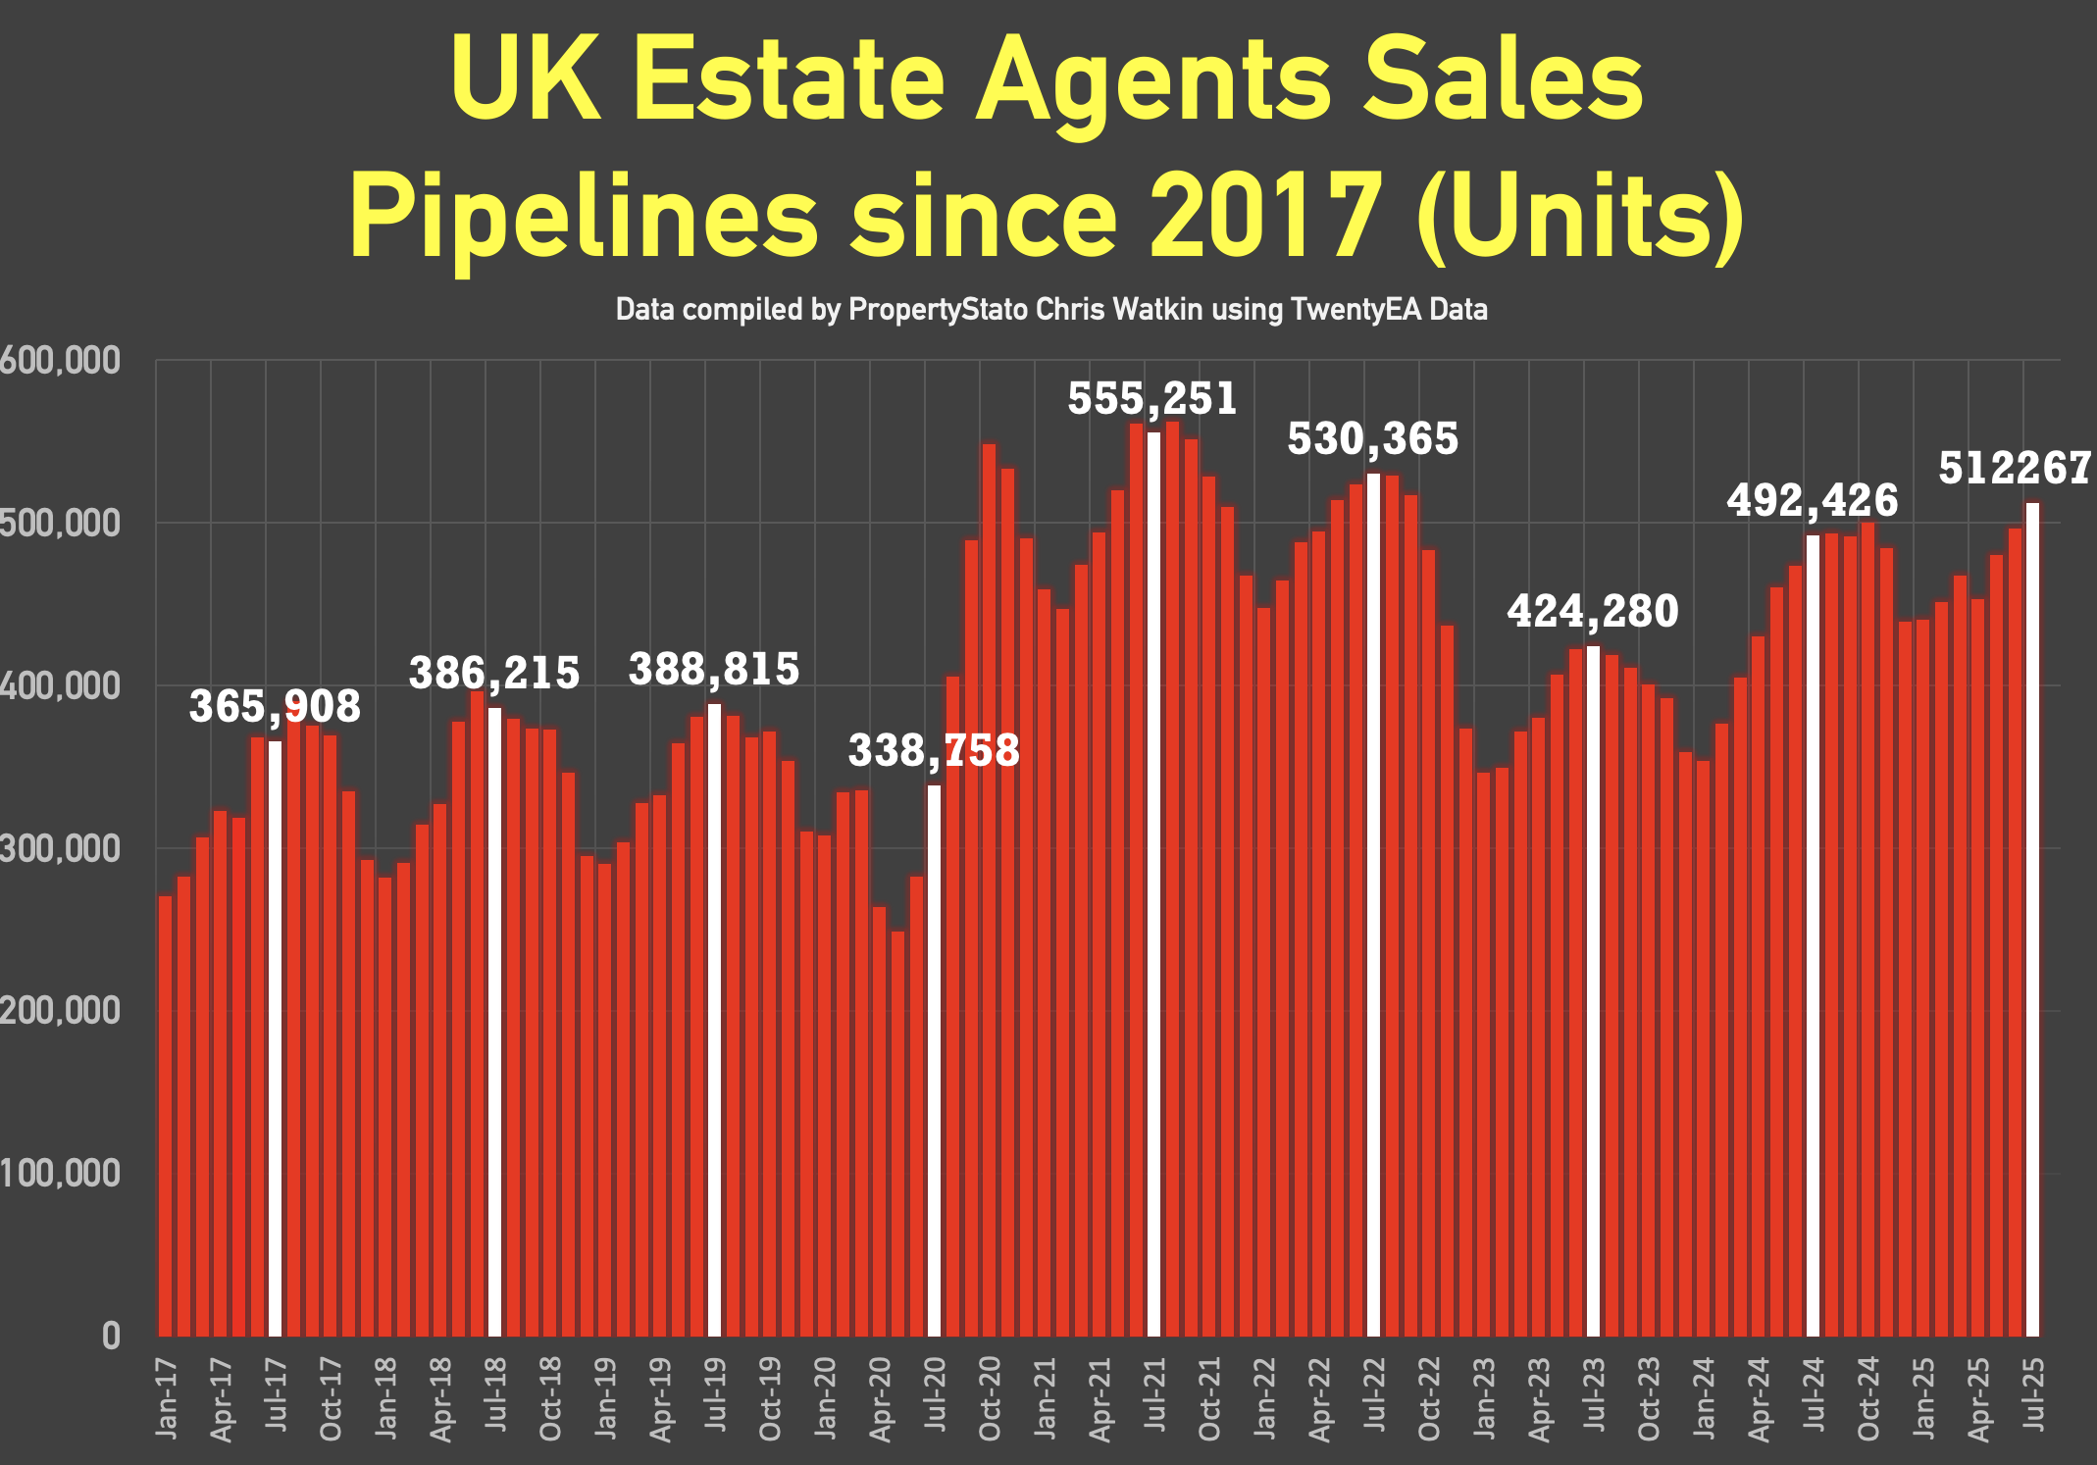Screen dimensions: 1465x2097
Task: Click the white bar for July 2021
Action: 1153,883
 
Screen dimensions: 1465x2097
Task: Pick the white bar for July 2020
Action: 934,1059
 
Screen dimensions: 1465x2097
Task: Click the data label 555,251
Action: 1152,399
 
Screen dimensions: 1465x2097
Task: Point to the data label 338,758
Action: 934,751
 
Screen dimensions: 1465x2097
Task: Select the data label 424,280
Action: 1593,612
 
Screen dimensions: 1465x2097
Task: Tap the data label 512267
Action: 2015,469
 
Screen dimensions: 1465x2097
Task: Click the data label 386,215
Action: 494,674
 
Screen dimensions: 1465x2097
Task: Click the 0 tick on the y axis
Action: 111,1336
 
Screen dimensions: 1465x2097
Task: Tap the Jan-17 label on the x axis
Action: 167,1397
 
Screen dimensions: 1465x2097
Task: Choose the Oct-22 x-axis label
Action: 1430,1398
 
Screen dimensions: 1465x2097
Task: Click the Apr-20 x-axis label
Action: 881,1398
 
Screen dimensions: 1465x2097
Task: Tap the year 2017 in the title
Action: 1265,216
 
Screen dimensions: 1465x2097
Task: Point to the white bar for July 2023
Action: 1593,990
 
